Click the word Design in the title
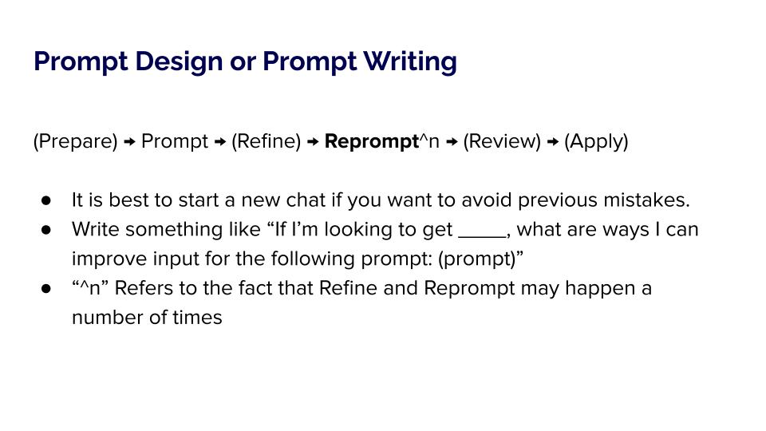[x=179, y=61]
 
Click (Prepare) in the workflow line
[x=76, y=142]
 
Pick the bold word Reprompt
[x=372, y=142]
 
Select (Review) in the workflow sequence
[x=502, y=142]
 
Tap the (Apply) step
[x=596, y=142]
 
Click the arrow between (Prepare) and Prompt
[x=129, y=142]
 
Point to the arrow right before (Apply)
[x=552, y=142]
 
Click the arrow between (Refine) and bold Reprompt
[x=313, y=142]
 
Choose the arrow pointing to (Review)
[x=452, y=142]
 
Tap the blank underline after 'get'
[x=483, y=236]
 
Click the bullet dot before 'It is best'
[x=46, y=200]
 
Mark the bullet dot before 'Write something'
[x=46, y=230]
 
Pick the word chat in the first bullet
[x=306, y=200]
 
